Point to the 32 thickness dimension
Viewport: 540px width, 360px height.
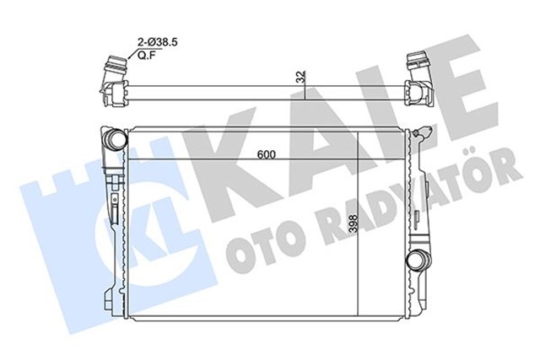(x=301, y=76)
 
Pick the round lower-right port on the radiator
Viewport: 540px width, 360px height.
(x=414, y=261)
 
